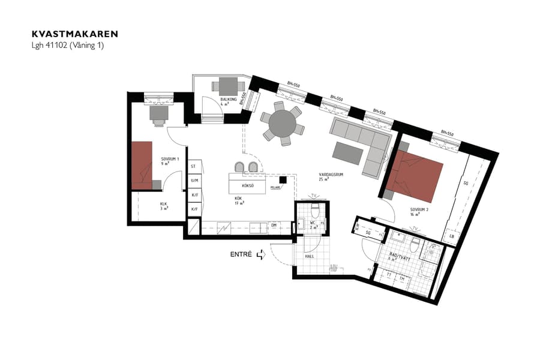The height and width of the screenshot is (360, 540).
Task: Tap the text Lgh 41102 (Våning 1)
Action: tap(67, 45)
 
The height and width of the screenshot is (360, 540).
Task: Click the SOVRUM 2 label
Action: tap(419, 210)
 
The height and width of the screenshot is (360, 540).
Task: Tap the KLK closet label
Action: tap(163, 205)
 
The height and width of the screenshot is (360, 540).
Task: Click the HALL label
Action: tap(310, 256)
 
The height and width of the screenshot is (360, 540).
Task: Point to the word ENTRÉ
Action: tap(241, 254)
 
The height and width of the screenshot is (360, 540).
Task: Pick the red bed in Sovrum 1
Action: tap(143, 165)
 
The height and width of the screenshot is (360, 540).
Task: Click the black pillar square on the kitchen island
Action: tap(283, 179)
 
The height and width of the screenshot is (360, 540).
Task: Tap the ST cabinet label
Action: tap(193, 166)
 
